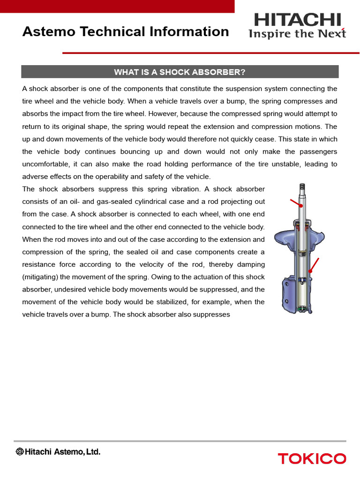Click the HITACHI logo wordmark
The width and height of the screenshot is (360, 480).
(297, 20)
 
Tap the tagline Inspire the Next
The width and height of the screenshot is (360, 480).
(297, 34)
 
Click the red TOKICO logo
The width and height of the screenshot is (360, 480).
(312, 458)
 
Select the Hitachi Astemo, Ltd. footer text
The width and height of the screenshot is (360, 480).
(58, 452)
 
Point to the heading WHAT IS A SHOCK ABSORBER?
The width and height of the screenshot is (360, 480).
(180, 72)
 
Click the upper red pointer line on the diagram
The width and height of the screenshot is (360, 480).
(295, 203)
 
